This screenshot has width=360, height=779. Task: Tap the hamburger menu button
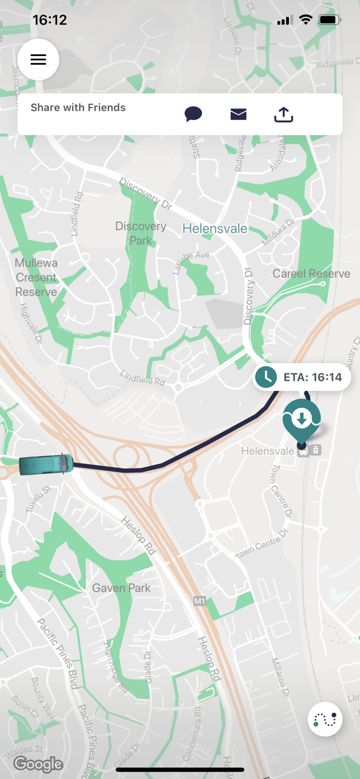38,60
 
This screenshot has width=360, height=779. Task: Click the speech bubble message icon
193,114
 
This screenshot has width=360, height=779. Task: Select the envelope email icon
238,114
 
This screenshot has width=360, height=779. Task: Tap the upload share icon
284,114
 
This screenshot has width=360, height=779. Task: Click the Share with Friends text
78,108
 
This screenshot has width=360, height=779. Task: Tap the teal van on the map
46,464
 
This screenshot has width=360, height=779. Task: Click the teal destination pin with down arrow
301,419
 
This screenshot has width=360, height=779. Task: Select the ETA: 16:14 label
312,377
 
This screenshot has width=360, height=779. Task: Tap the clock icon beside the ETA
266,378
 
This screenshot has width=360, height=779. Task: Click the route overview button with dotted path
325,719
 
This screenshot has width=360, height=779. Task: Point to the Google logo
38,764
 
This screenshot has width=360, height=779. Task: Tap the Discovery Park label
141,233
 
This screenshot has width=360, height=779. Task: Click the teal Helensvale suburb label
215,229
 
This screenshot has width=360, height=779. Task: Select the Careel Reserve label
311,274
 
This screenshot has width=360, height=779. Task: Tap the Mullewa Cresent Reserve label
36,277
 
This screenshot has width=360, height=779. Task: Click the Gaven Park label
121,588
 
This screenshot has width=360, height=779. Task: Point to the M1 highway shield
200,601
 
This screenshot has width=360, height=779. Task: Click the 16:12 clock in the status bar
50,20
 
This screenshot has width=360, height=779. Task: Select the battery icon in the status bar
330,20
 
